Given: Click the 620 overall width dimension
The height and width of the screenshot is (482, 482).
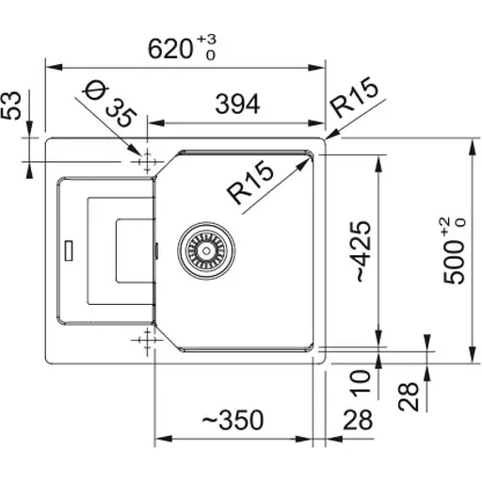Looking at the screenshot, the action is coord(169,49).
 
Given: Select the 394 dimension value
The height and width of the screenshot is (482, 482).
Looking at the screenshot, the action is coord(237,104).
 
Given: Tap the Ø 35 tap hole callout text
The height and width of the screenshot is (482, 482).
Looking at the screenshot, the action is coord(109,104).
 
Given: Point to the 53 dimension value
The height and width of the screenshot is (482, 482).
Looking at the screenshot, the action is coord(10,105).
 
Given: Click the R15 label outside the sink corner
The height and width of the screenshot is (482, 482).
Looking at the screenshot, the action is coord(354,97).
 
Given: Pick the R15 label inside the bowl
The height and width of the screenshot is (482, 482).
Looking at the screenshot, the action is coord(250,182).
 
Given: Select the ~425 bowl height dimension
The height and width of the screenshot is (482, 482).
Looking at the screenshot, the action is coord(364,251).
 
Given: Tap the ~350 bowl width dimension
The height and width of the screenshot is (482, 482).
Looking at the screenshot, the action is coord(233,420).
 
